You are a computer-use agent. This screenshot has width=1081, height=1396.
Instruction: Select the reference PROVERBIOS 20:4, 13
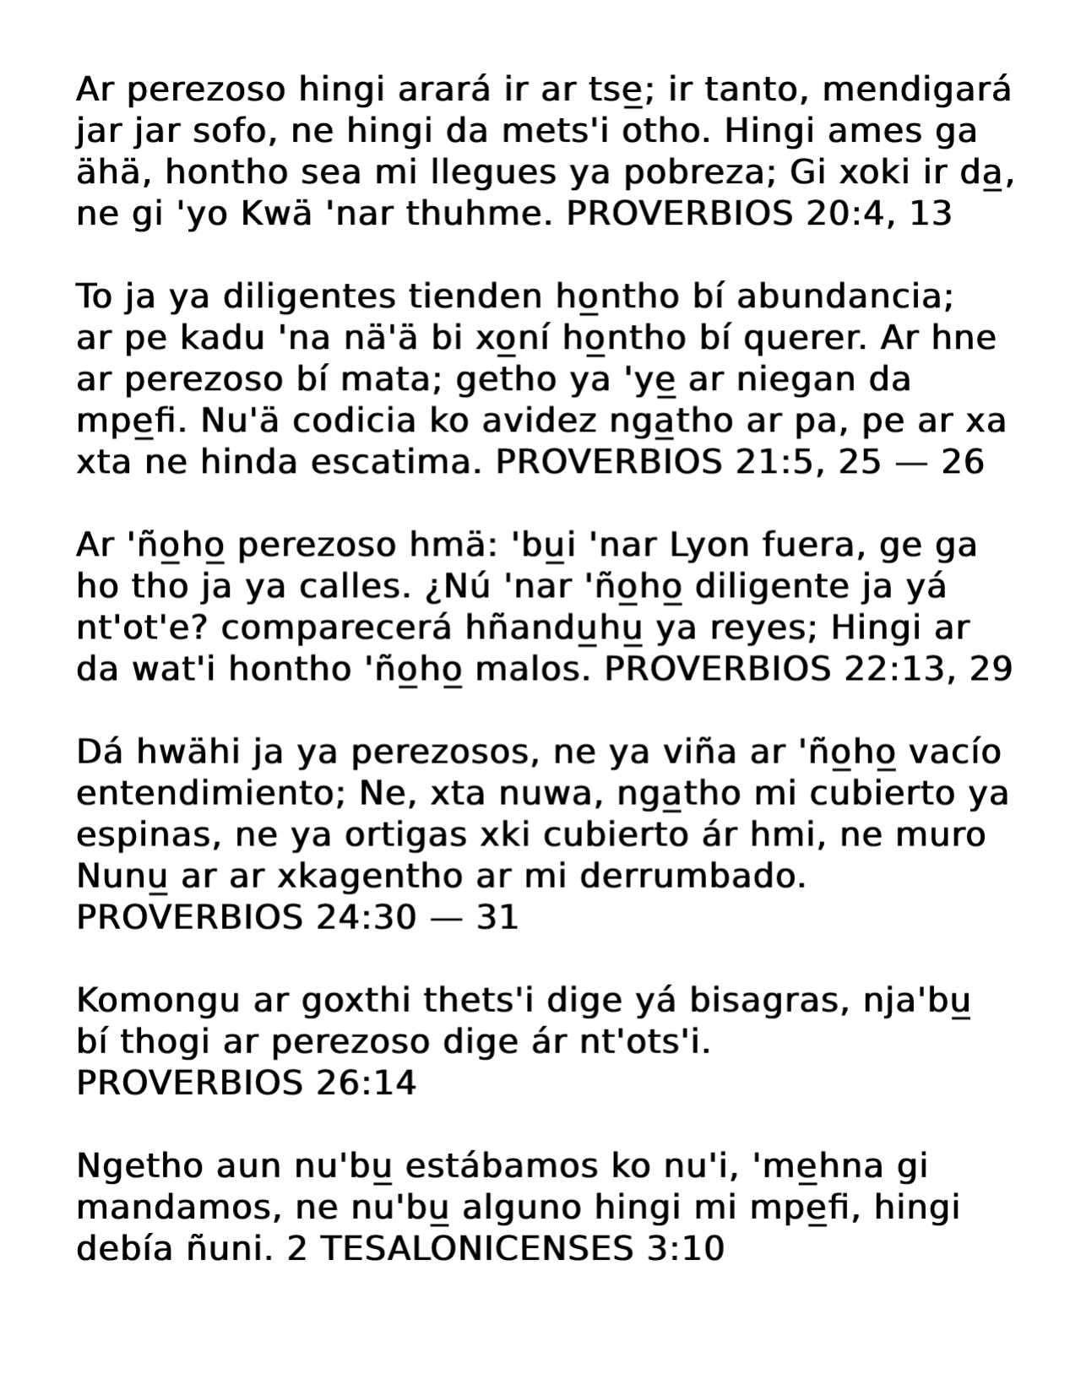[x=758, y=215]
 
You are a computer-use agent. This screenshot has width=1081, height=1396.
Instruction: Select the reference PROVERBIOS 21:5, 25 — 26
[x=739, y=463]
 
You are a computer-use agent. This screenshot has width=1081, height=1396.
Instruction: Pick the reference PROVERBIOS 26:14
[x=246, y=1084]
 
